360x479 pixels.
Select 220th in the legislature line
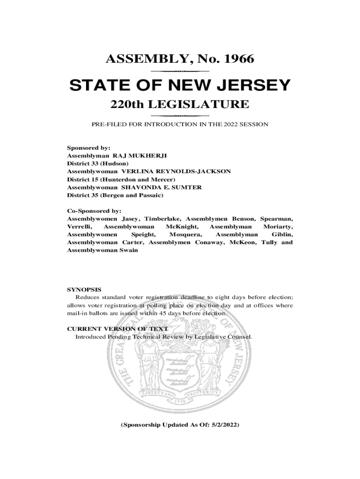127,104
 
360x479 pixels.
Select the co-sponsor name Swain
129,250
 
